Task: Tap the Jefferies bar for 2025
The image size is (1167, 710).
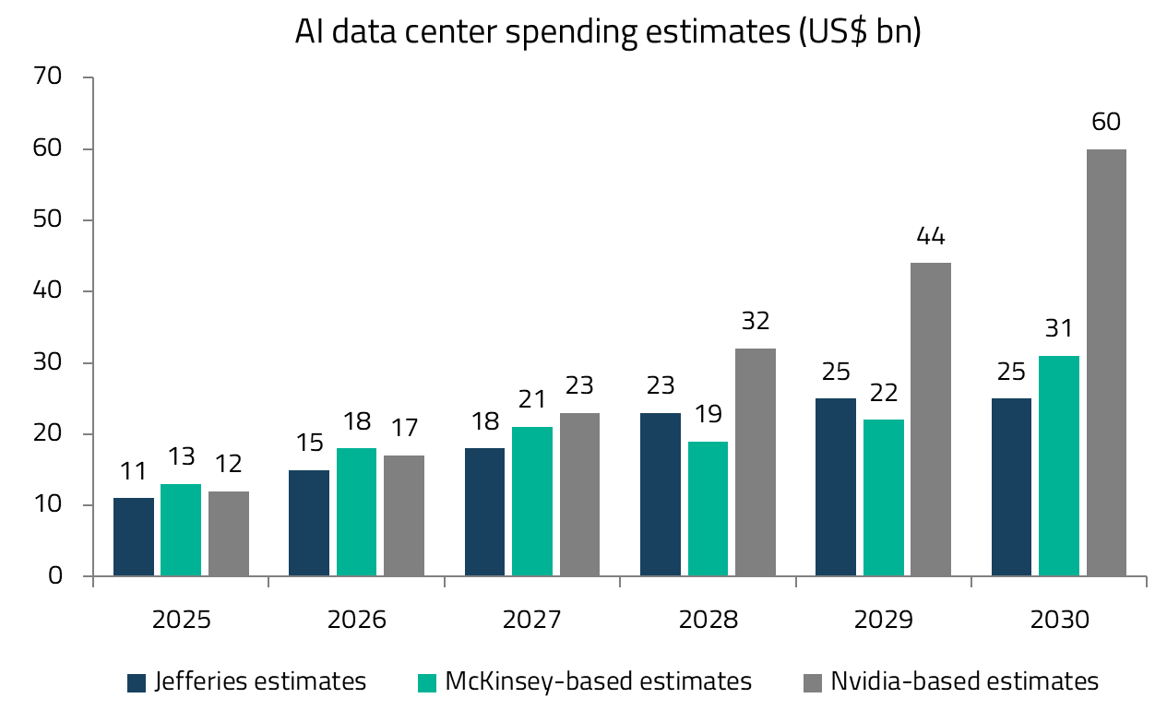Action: click(134, 537)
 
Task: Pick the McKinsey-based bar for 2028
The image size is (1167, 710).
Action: click(708, 508)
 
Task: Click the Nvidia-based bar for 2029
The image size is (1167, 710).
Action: click(931, 420)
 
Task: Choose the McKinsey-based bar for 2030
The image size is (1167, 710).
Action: click(1059, 466)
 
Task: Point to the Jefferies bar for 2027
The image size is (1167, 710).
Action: click(485, 512)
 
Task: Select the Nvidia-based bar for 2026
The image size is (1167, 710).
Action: click(404, 515)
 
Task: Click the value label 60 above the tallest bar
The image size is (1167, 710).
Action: click(1106, 123)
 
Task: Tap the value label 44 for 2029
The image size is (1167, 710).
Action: click(931, 237)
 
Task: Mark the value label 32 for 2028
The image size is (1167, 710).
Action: click(756, 322)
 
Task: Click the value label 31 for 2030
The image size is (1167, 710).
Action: click(1059, 329)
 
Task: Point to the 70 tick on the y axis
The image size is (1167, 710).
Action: click(49, 77)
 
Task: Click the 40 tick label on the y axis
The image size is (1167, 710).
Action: click(49, 291)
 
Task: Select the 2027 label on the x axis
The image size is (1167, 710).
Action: click(532, 619)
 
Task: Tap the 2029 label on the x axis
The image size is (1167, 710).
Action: click(884, 619)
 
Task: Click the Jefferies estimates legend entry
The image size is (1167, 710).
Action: click(247, 681)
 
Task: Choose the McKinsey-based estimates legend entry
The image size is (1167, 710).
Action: click(585, 681)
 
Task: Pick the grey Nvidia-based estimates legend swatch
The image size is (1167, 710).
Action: click(813, 682)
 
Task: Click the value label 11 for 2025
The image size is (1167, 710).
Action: click(134, 472)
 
